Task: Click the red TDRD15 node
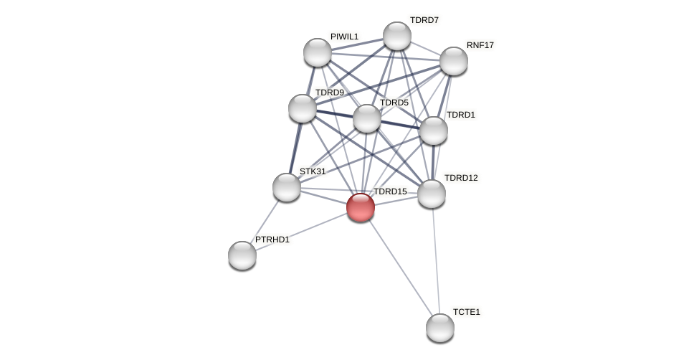click(361, 207)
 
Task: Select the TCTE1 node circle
click(440, 328)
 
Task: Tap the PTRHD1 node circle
click(242, 255)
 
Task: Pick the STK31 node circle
click(287, 187)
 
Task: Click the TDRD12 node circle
click(432, 194)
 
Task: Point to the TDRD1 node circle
click(434, 131)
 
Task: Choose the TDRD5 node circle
click(367, 118)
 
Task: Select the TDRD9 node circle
click(303, 108)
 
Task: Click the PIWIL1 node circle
click(318, 52)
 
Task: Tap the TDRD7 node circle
click(397, 36)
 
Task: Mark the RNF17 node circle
click(454, 61)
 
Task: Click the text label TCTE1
click(467, 312)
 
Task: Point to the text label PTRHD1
click(272, 240)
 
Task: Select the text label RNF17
click(480, 45)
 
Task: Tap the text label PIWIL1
click(345, 37)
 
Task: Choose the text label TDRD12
click(461, 178)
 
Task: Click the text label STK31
click(313, 171)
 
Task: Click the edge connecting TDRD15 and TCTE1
click(400, 267)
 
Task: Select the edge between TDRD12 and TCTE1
click(435, 260)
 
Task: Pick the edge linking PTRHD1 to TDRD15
click(301, 231)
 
